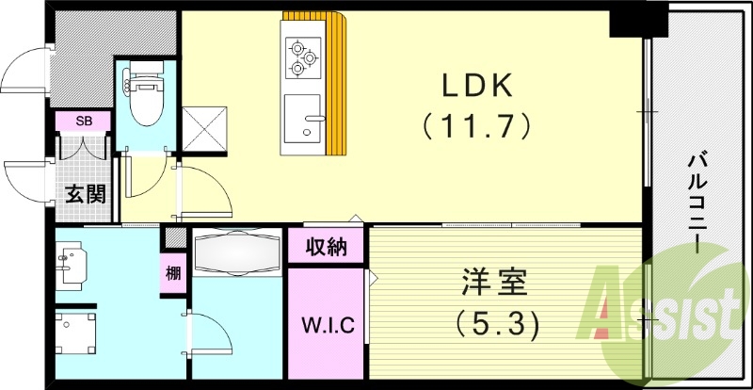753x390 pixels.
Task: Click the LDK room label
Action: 477,87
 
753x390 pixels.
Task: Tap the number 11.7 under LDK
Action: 477,123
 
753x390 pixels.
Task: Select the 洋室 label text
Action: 496,283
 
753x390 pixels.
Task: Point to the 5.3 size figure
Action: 497,324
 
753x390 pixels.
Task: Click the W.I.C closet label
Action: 327,326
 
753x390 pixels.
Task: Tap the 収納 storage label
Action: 327,248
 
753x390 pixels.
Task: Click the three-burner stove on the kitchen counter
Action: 302,56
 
